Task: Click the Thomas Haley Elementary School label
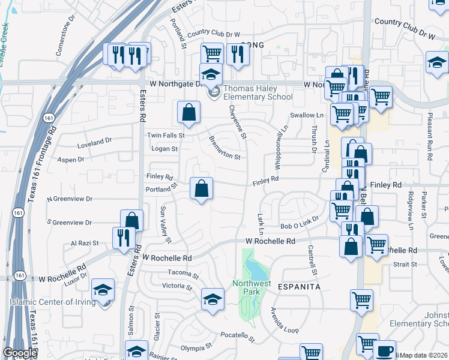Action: (258, 93)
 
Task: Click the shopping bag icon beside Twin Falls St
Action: (189, 112)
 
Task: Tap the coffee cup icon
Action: (385, 350)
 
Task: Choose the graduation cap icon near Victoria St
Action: (212, 299)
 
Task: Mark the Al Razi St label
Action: (84, 244)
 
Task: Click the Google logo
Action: (19, 353)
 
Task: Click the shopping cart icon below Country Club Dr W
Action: (212, 53)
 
